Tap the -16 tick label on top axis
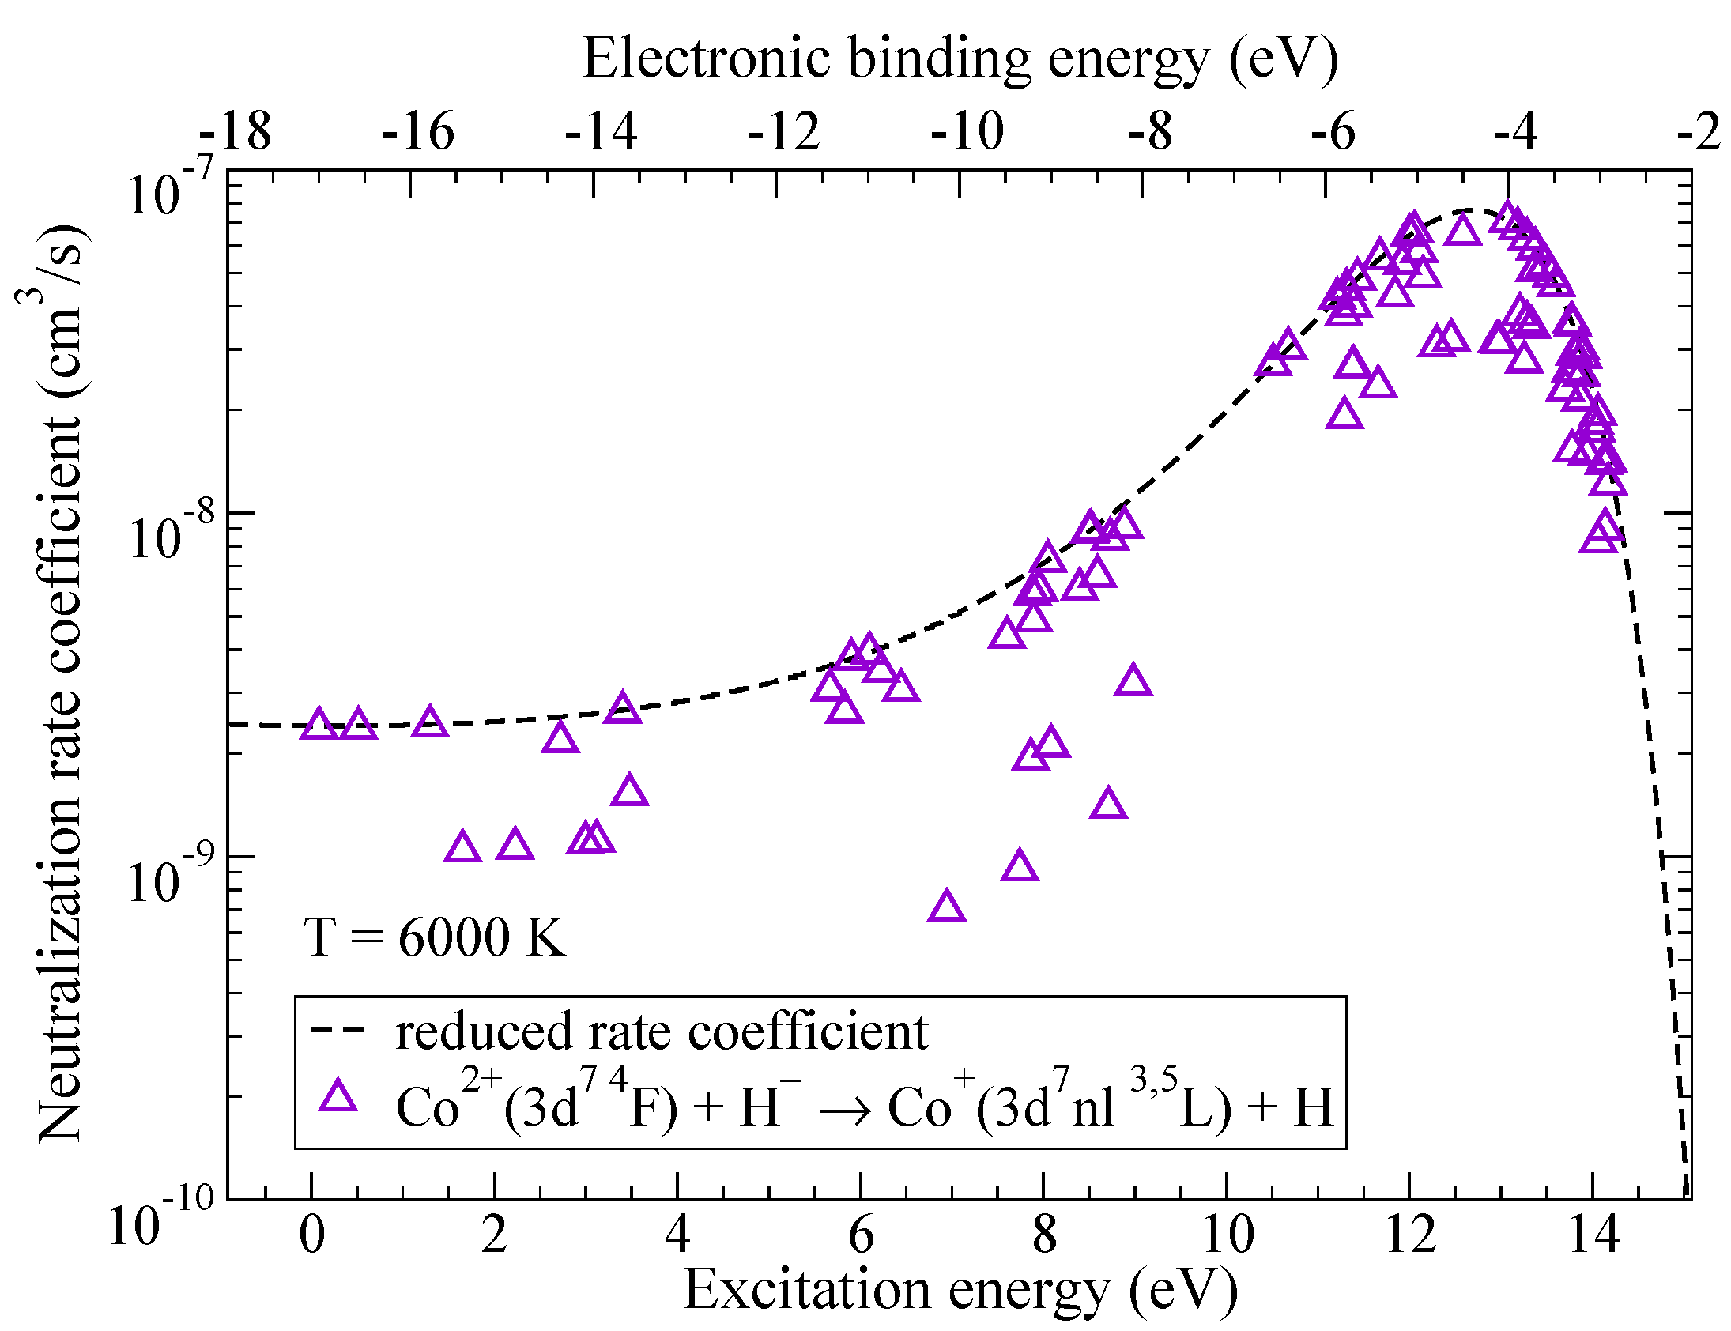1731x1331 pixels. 417,131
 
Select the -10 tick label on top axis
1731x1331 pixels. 967,131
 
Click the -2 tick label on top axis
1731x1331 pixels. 1699,131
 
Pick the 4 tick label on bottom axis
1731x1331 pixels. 677,1235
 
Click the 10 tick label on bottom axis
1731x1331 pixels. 1228,1235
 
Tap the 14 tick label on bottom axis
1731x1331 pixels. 1593,1235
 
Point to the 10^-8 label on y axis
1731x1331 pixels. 170,536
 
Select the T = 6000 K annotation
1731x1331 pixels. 434,938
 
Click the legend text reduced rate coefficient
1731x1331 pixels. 662,1032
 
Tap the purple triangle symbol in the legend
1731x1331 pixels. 338,1096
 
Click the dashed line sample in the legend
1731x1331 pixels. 338,1030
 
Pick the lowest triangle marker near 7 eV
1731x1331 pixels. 946,907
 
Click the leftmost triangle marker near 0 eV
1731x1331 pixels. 319,724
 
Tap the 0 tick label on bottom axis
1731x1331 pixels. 312,1235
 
